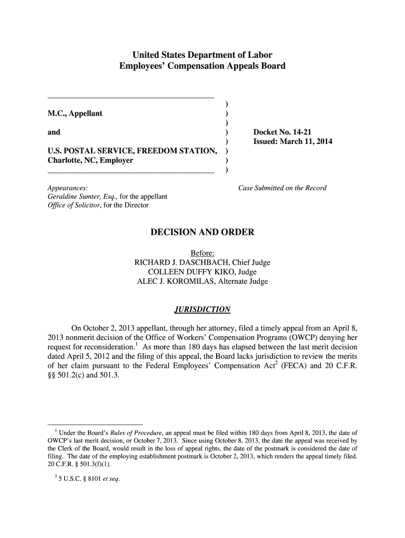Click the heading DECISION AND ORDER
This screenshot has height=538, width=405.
(x=202, y=232)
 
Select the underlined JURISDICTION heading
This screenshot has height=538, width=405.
(x=202, y=309)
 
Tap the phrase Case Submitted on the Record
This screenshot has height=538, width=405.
(x=282, y=188)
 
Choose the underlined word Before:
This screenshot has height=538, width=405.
(x=202, y=253)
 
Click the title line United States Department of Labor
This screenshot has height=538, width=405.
(x=202, y=55)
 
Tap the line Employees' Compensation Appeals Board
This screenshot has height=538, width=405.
(x=202, y=66)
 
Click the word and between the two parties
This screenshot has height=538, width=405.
(x=54, y=132)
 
